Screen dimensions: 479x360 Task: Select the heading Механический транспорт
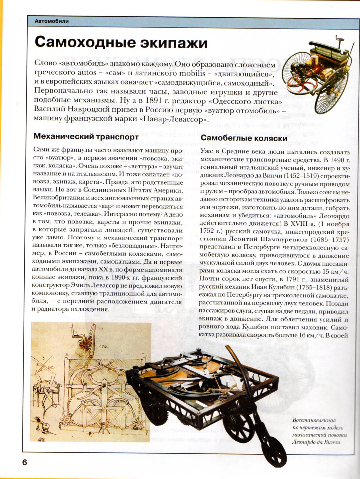tap(86, 137)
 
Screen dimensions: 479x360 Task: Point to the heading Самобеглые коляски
tap(244, 138)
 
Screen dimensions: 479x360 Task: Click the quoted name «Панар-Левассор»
tap(173, 119)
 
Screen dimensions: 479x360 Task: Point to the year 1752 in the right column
tap(207, 232)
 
